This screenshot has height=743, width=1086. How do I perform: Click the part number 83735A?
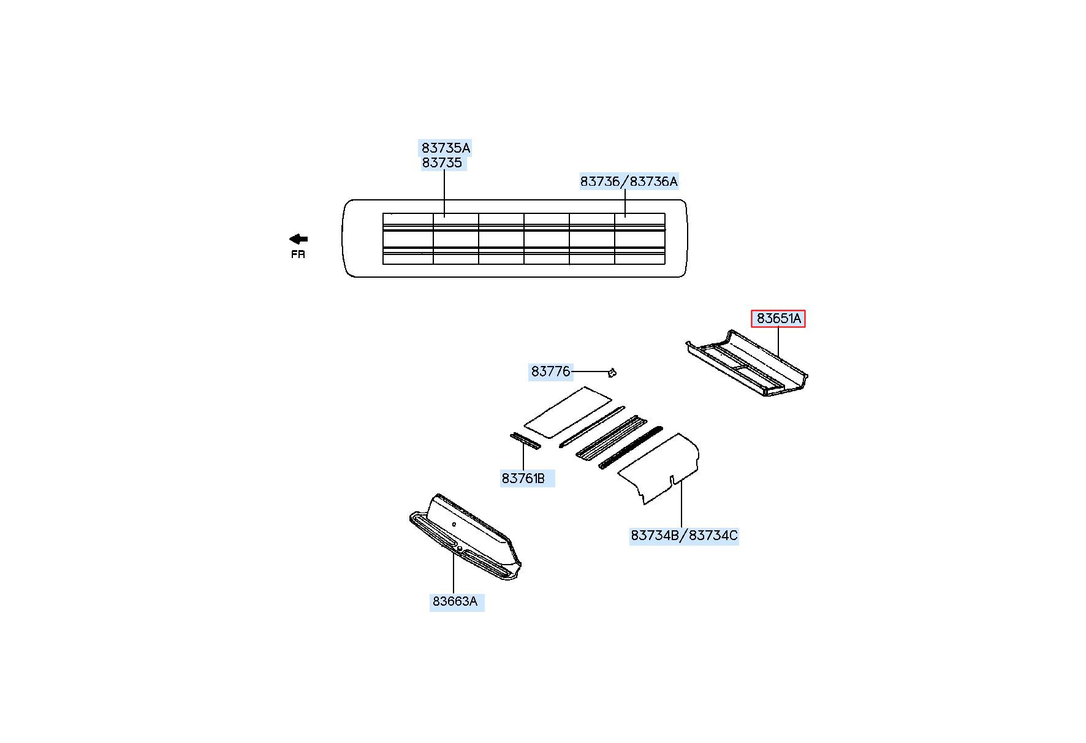pos(446,148)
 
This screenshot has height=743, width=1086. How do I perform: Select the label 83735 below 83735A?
pos(442,163)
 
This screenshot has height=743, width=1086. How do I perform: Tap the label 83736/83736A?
pos(629,181)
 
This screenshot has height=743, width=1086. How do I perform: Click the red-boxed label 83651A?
pos(778,319)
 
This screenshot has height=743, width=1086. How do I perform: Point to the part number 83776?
pos(550,371)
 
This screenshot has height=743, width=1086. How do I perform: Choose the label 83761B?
pos(523,478)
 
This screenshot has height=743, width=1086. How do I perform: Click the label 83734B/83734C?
pos(684,536)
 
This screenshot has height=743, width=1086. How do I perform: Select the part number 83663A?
pos(455,601)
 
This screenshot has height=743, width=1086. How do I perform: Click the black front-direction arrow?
pos(298,239)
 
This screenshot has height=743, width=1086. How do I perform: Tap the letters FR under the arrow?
pos(298,254)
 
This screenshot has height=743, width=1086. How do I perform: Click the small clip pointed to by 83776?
pos(612,371)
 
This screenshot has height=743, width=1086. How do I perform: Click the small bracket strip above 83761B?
pos(525,441)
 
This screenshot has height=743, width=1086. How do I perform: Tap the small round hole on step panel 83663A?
pos(454,524)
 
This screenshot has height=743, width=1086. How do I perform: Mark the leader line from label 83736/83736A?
pos(625,202)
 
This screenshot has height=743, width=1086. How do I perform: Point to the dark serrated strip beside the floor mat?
pos(631,448)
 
